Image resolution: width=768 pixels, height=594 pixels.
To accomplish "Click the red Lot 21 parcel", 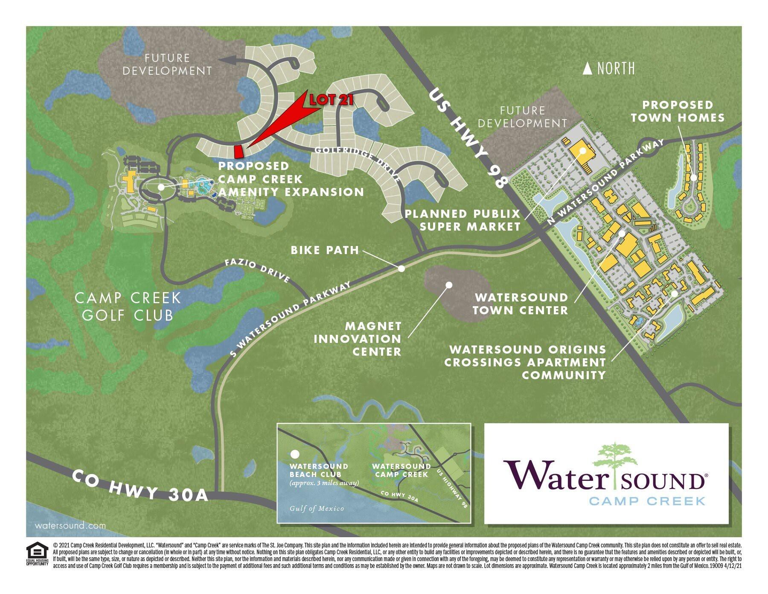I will (239, 151).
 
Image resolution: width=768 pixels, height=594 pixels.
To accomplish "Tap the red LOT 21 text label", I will (332, 100).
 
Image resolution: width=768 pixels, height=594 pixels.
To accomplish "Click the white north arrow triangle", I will (588, 69).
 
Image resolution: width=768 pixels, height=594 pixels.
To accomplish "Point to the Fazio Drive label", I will (257, 271).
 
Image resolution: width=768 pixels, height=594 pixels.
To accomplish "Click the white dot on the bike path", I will (401, 269).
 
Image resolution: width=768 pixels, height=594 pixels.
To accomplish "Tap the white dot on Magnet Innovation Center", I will (448, 284).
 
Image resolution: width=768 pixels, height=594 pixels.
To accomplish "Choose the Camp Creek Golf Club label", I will (128, 306).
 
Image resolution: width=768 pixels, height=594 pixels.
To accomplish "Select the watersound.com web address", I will (70, 526).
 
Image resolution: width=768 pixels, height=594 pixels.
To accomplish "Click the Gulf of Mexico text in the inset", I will (317, 509).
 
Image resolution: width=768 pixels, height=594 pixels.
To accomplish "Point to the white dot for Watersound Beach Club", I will (294, 454).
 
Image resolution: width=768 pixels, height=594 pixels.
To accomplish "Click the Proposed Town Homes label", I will (678, 111).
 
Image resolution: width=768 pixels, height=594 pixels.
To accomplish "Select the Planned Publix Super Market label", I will (463, 219).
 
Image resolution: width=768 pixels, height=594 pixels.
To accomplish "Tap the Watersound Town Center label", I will (521, 304).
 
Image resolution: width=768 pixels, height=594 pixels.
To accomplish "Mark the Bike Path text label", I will (325, 250).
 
